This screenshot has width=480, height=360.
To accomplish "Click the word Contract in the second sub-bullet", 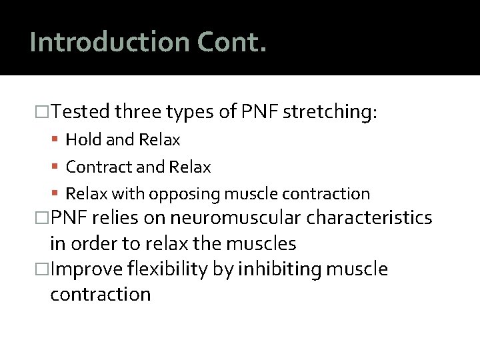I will (97, 167).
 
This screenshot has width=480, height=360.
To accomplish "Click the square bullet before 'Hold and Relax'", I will (58, 140).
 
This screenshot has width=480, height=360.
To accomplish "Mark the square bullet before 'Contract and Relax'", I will (58, 167).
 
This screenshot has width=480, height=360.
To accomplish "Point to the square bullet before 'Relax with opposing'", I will (58, 194).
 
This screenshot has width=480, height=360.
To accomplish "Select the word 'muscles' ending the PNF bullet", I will (263, 243).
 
